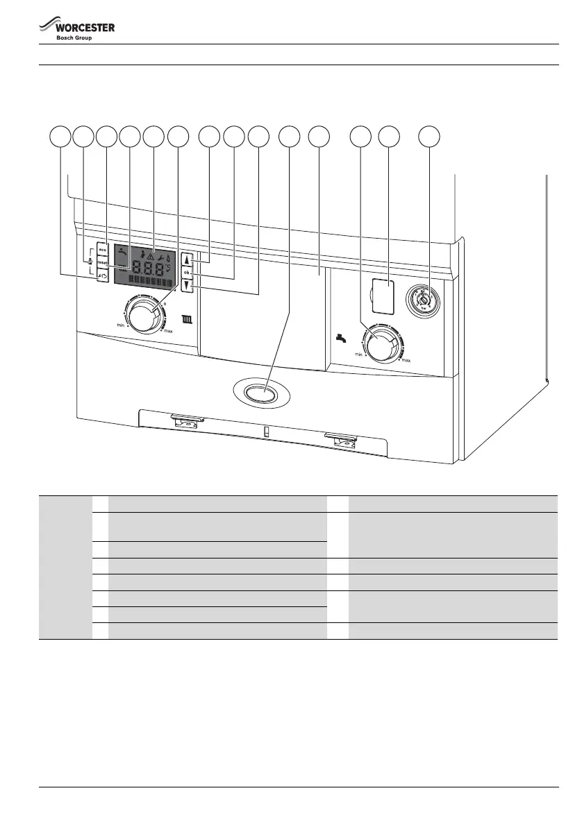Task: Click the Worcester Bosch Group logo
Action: (76, 30)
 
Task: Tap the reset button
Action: (102, 264)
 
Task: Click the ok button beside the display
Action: (186, 273)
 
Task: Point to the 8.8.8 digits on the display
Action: (148, 268)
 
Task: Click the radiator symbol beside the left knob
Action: (185, 320)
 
